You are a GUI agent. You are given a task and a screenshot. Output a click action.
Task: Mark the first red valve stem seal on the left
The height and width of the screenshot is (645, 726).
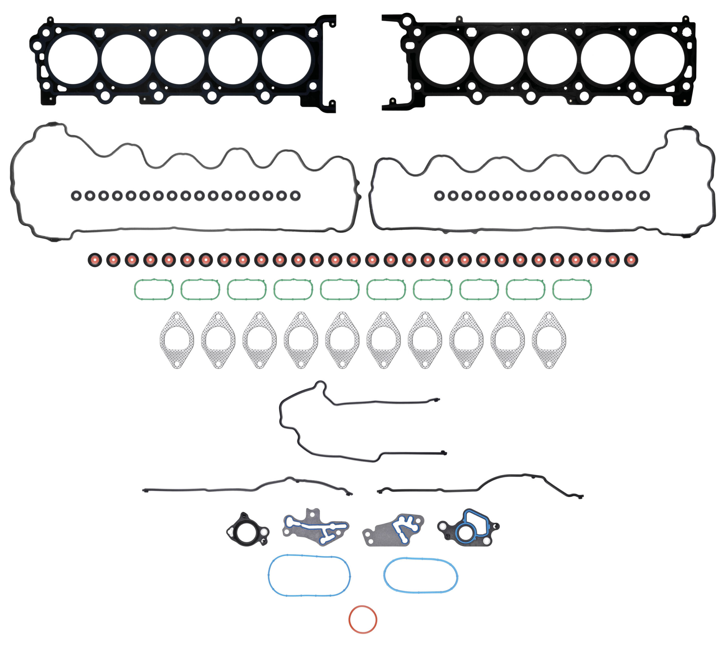pyautogui.click(x=95, y=260)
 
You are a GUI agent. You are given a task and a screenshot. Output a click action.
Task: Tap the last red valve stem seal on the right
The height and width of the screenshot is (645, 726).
pyautogui.click(x=631, y=260)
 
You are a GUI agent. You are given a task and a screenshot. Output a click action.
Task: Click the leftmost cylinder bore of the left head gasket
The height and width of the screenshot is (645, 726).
pyautogui.click(x=73, y=59)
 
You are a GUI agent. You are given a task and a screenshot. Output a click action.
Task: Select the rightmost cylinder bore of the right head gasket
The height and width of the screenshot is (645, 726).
pyautogui.click(x=659, y=59)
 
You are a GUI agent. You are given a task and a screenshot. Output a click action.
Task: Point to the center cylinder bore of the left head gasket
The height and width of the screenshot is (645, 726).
pyautogui.click(x=180, y=59)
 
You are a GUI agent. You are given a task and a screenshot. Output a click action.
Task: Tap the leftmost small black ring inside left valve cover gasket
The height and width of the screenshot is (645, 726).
pyautogui.click(x=76, y=196)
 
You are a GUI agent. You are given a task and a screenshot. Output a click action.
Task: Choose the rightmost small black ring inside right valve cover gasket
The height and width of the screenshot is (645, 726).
pyautogui.click(x=645, y=196)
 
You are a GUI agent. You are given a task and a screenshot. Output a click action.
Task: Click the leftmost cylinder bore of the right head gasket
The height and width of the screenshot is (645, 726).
pyautogui.click(x=444, y=59)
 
